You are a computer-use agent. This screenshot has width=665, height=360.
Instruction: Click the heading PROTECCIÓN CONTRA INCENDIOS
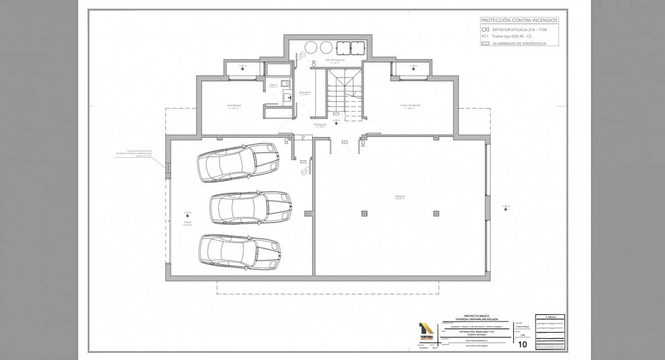[519, 20]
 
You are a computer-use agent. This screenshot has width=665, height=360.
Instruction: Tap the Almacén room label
[400, 197]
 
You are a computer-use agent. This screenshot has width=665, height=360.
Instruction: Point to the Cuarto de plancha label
[410, 105]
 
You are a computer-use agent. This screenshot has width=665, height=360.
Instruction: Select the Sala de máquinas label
[335, 60]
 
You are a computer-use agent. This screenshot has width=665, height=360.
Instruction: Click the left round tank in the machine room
[311, 47]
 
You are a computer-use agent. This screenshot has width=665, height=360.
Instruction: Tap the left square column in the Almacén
[364, 213]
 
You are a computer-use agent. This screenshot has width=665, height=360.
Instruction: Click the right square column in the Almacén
[436, 213]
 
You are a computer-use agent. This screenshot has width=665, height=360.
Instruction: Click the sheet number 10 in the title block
[521, 344]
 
